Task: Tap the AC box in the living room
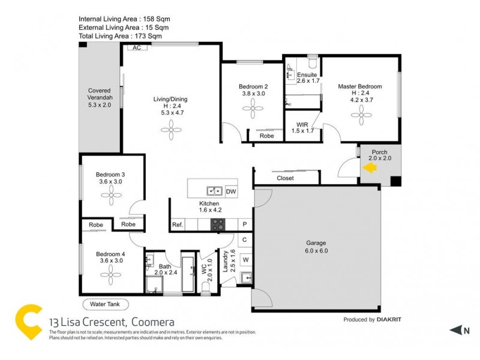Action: [x=136, y=47]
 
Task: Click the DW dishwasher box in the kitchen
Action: [x=230, y=192]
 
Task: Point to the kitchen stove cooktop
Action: [x=217, y=224]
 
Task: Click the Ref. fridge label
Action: [x=177, y=225]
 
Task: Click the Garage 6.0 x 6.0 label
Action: [x=316, y=247]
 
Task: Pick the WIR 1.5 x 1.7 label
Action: [x=302, y=127]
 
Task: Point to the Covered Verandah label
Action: [x=100, y=97]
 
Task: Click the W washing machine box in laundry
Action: [x=245, y=260]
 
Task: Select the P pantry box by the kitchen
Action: [x=245, y=224]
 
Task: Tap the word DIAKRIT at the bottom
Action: [x=394, y=320]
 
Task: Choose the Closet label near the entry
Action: [x=285, y=178]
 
